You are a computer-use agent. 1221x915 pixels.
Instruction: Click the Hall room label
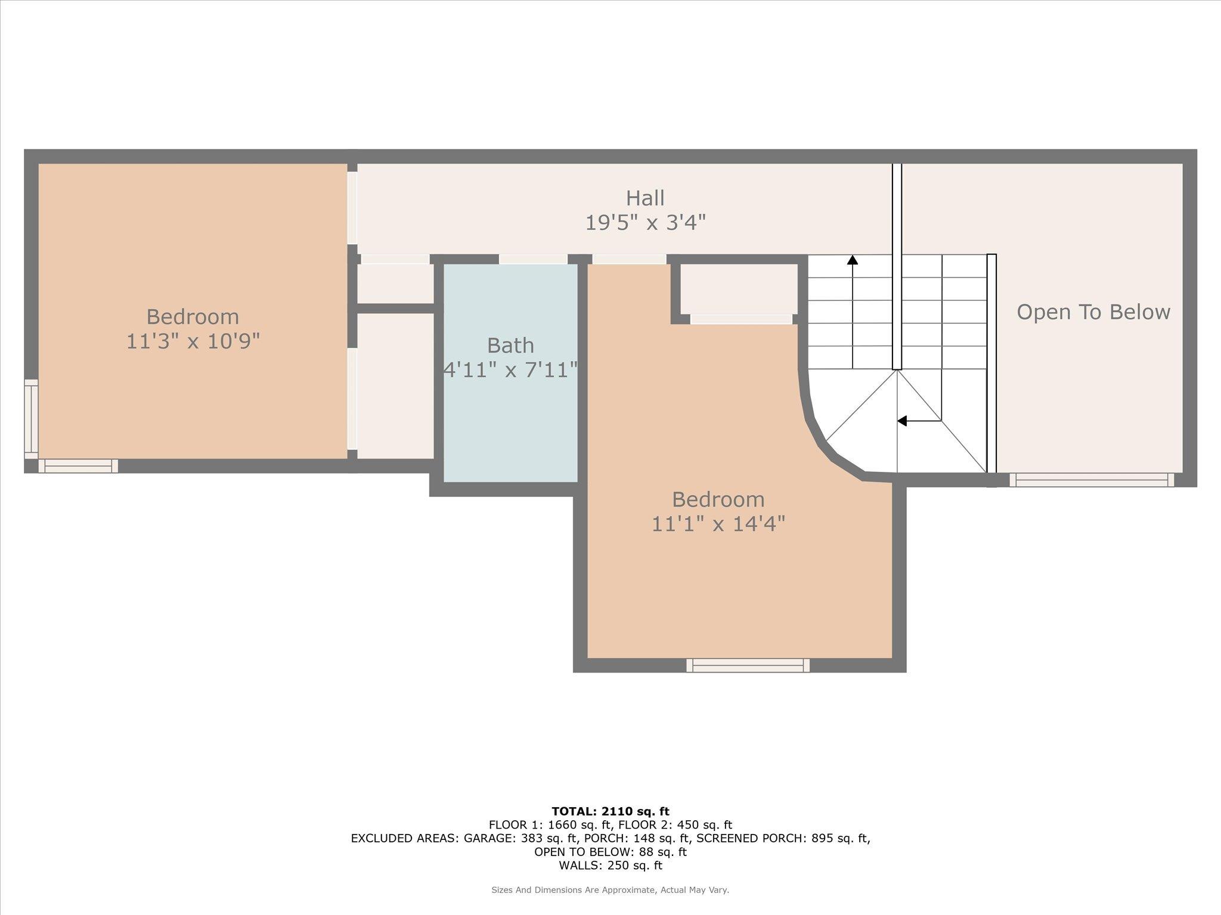coord(645,198)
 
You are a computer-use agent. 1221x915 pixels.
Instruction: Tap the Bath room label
coord(510,346)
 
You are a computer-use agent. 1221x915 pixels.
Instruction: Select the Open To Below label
coord(1093,312)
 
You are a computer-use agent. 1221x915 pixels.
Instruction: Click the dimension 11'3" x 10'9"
coord(193,342)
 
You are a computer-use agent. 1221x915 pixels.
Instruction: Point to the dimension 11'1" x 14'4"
coord(718,524)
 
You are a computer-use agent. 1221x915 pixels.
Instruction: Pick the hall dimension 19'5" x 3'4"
coord(645,223)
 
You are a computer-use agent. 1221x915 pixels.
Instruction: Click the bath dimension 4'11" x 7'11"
coord(510,370)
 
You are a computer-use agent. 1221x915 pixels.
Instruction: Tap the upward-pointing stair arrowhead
coord(853,260)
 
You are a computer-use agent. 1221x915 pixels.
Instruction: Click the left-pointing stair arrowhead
coord(902,421)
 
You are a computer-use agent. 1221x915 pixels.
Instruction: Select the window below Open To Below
coord(1092,480)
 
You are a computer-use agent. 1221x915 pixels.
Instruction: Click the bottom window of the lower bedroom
coord(748,665)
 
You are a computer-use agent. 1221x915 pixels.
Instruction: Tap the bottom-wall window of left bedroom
coord(78,466)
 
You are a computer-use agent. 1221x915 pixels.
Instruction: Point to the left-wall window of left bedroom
coord(31,419)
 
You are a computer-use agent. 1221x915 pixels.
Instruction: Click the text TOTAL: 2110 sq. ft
coord(610,811)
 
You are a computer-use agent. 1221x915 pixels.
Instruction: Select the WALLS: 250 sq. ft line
coord(610,866)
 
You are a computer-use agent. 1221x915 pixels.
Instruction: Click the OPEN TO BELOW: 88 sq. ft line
coord(610,852)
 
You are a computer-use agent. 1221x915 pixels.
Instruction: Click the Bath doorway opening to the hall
coord(533,259)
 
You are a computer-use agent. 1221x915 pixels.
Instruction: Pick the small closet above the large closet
coord(395,284)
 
